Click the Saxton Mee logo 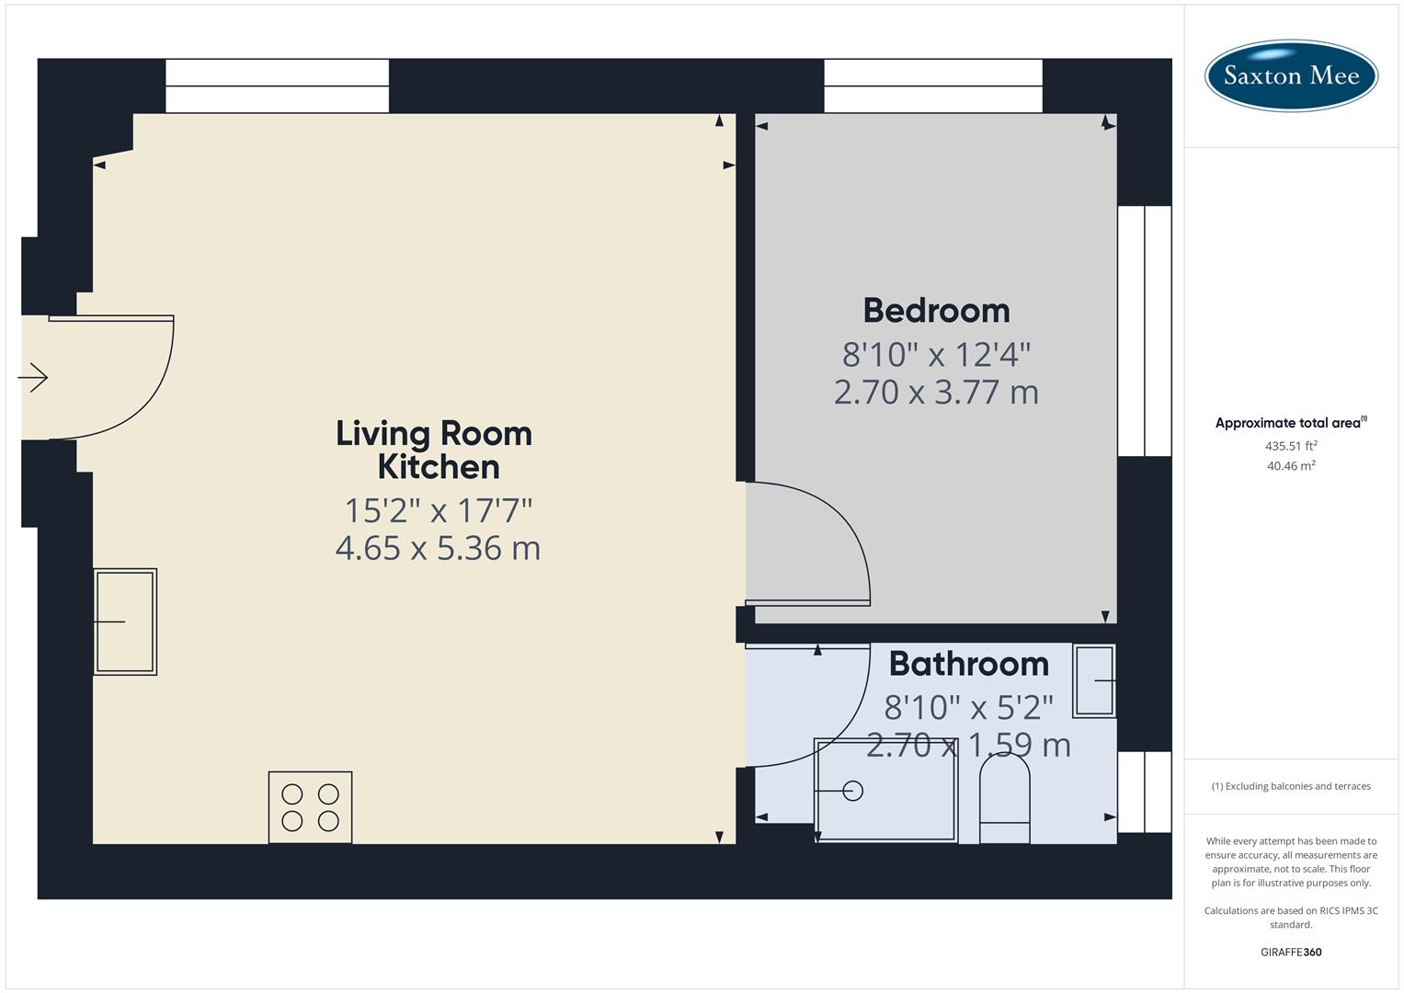point(1291,75)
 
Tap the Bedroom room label point(936,311)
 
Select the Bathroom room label point(968,664)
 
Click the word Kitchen point(439,467)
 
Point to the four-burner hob point(310,807)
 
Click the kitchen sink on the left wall point(125,622)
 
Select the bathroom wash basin point(1094,681)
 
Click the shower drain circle point(852,791)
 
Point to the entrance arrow point(33,377)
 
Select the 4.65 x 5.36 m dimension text point(438,548)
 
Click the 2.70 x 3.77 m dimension point(936,393)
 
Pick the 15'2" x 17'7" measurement point(439,509)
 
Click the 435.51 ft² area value point(1291,446)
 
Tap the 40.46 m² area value point(1291,466)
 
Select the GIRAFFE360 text point(1291,952)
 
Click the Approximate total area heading point(1287,423)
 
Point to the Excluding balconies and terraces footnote point(1291,786)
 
